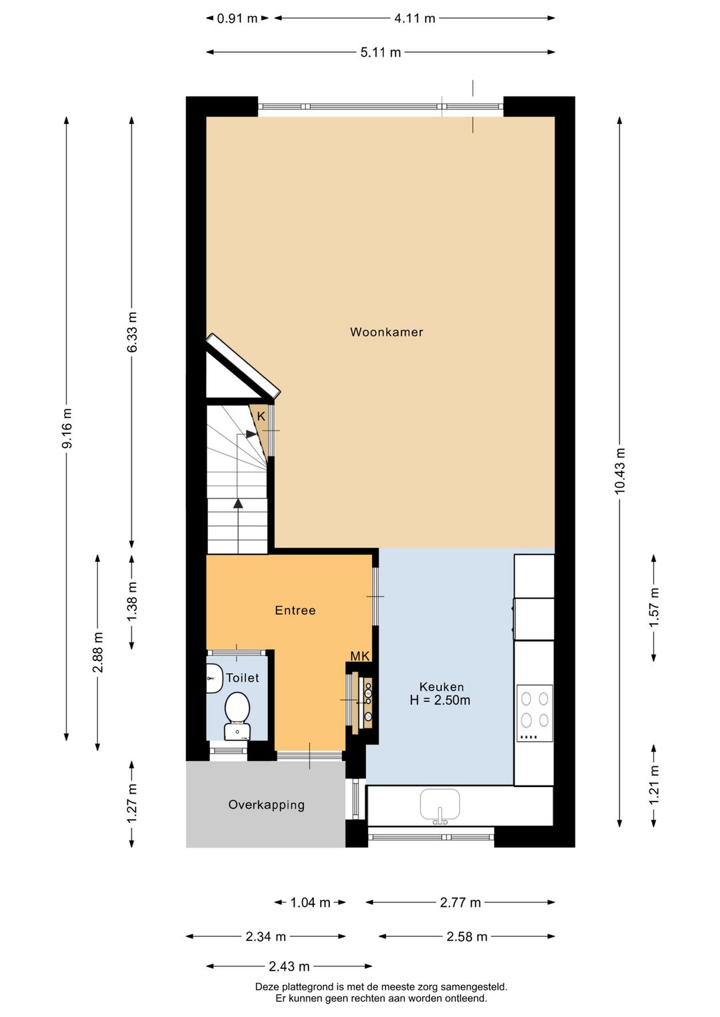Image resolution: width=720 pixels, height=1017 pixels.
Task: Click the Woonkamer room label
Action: click(387, 332)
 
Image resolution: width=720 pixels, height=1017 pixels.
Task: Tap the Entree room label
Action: click(295, 610)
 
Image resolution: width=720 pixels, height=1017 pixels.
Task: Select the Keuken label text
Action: click(441, 686)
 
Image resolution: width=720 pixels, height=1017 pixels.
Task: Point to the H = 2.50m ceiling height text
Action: click(440, 700)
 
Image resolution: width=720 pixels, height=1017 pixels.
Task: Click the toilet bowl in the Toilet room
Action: click(237, 710)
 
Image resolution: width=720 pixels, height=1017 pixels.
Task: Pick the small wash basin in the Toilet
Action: click(213, 678)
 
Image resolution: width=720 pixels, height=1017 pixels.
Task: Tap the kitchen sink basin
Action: click(440, 804)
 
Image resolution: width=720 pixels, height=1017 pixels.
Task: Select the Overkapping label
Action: click(267, 805)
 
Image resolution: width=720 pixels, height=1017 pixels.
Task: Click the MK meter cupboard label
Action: click(360, 656)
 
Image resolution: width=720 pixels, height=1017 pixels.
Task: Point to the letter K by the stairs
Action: click(261, 417)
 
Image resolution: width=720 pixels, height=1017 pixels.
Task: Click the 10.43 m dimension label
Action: click(620, 471)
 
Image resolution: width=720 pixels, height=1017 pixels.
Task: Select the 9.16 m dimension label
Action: click(67, 429)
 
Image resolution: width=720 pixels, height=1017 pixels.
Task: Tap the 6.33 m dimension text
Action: click(132, 333)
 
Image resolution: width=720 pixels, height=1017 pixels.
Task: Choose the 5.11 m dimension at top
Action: click(381, 52)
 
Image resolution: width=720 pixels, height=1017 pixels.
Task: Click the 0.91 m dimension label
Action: click(237, 19)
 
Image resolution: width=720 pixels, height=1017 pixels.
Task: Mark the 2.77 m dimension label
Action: click(460, 902)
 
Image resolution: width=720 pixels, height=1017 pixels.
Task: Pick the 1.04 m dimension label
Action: click(310, 902)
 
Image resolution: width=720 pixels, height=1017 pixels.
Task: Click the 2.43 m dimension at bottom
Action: click(289, 966)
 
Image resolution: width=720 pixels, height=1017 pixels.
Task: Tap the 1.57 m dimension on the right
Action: click(654, 607)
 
